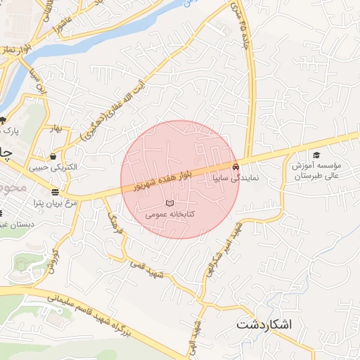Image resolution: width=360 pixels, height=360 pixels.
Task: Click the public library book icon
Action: [x=169, y=203]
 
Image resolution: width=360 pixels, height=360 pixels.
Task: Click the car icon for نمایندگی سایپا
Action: [x=235, y=167]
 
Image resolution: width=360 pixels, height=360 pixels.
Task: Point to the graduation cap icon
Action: [x=316, y=155]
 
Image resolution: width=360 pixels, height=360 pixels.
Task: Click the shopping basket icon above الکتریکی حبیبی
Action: [x=53, y=156]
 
